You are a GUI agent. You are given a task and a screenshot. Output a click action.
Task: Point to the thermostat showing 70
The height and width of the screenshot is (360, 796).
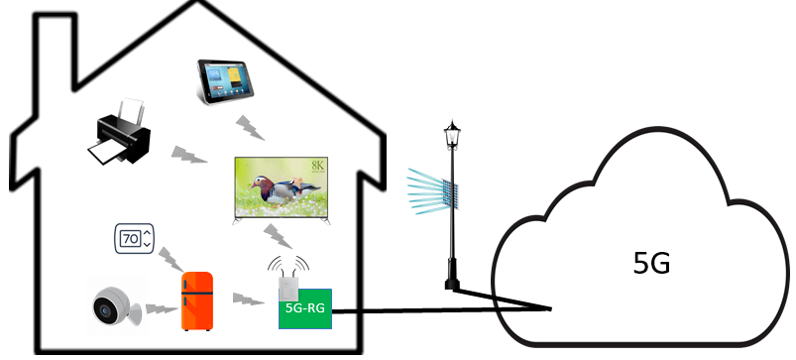click(134, 239)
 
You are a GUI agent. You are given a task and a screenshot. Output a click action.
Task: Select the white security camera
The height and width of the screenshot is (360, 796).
click(114, 307)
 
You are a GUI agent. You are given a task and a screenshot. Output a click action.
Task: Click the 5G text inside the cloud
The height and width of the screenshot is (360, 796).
click(651, 264)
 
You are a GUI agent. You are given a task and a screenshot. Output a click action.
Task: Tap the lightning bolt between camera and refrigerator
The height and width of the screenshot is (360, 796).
click(159, 308)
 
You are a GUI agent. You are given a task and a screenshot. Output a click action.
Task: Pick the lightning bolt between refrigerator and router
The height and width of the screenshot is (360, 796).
click(243, 298)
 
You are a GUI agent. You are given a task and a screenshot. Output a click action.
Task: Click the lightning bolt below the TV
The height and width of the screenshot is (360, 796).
click(279, 236)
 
